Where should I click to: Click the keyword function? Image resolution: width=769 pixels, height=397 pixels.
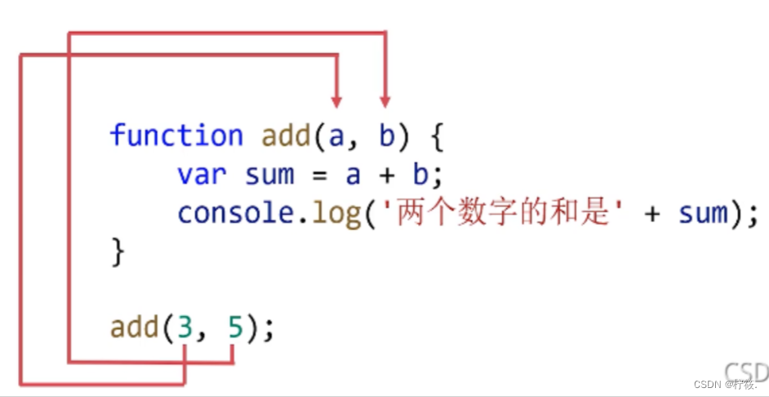[176, 135]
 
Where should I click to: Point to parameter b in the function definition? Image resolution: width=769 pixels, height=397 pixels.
[386, 135]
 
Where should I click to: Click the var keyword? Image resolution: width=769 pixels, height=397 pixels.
[202, 174]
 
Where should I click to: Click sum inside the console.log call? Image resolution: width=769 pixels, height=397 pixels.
[703, 212]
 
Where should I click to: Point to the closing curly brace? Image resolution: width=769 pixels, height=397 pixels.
[118, 251]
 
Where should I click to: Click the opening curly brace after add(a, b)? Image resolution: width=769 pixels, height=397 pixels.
[435, 136]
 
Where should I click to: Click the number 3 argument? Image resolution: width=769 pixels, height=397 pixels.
[185, 328]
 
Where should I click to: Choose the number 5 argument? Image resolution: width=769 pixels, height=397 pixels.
[235, 328]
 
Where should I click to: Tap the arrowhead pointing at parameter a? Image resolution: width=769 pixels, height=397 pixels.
[336, 100]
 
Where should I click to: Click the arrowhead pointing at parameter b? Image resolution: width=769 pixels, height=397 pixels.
[386, 100]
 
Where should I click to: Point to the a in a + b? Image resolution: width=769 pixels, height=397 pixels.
[353, 175]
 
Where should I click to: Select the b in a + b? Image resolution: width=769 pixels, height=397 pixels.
[419, 174]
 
